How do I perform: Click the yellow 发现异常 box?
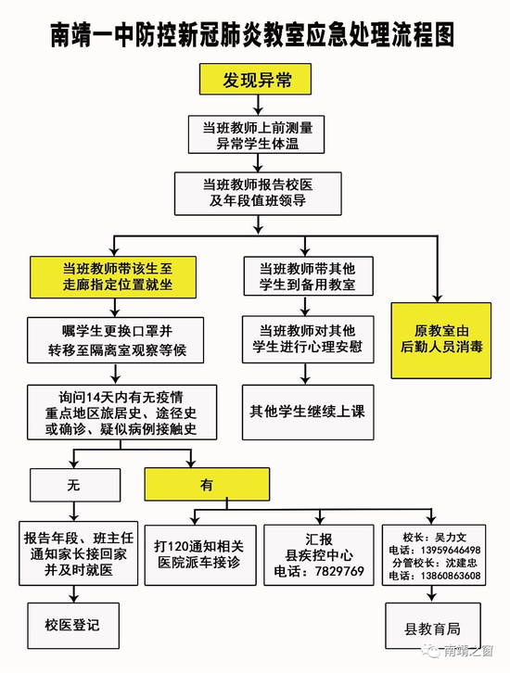(x=255, y=80)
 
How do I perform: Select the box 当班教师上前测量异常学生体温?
(x=256, y=134)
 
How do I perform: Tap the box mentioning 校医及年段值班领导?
(x=258, y=194)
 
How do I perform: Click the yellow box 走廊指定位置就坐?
(x=113, y=277)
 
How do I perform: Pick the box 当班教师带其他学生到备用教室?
(x=308, y=276)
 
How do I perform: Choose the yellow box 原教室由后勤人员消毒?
(x=440, y=340)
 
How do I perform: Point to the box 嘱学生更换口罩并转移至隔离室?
(x=116, y=340)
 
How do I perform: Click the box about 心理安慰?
(x=308, y=339)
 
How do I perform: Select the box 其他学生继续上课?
(x=308, y=412)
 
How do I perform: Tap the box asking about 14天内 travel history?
(x=121, y=412)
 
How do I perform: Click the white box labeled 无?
(x=75, y=485)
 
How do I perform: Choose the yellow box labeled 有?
(x=207, y=485)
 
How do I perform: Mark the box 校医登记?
(x=73, y=626)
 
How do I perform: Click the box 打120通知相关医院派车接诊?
(x=200, y=555)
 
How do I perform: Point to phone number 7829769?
(x=339, y=571)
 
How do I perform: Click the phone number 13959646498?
(x=451, y=551)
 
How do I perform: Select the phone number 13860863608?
(x=451, y=576)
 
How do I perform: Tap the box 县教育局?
(x=433, y=626)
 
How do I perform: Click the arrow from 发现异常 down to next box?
(x=258, y=105)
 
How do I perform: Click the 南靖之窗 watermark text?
(x=467, y=651)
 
